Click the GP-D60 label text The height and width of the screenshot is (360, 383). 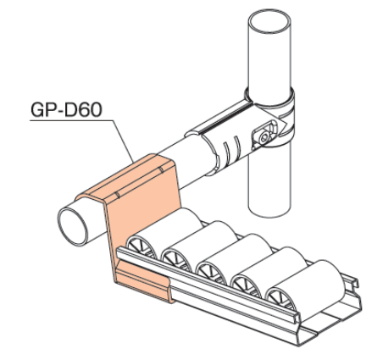click(x=66, y=110)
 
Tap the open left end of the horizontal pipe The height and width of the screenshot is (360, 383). click(x=73, y=226)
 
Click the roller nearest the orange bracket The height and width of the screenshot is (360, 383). click(x=164, y=232)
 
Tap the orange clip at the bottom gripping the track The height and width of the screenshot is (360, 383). click(x=143, y=280)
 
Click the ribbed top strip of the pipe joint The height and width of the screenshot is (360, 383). click(x=219, y=119)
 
